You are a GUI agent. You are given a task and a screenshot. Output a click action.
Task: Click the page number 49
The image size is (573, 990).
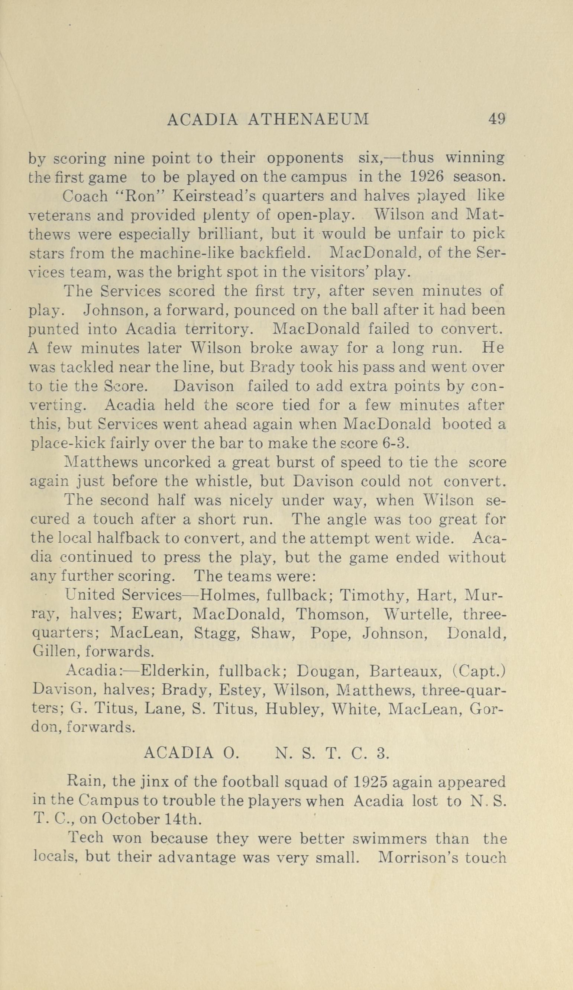pos(496,119)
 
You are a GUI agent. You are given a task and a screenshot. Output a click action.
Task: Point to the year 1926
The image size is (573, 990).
pos(426,177)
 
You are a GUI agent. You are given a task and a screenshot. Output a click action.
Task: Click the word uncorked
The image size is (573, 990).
pos(178,462)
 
